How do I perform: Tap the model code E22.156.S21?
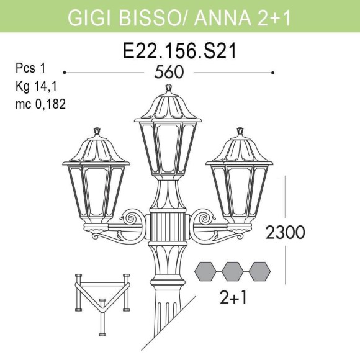click(180, 52)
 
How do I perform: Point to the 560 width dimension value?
click(169, 73)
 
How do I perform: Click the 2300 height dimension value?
click(285, 233)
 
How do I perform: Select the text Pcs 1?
click(31, 68)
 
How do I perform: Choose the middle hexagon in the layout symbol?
click(232, 271)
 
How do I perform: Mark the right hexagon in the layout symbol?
click(259, 271)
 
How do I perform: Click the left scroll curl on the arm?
click(132, 218)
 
